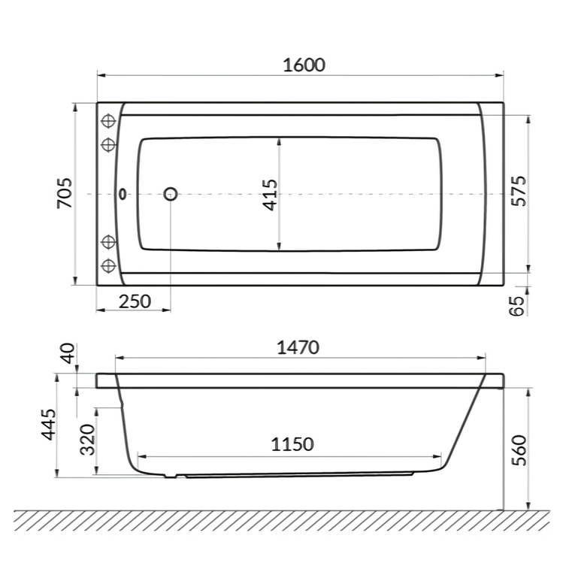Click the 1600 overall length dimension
tap(304, 65)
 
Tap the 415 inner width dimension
tap(271, 194)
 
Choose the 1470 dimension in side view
tap(298, 347)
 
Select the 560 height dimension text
tap(518, 449)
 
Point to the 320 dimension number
tap(87, 440)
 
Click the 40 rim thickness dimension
tap(68, 353)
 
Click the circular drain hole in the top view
tap(171, 194)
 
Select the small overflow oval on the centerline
tap(122, 194)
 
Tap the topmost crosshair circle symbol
tap(109, 120)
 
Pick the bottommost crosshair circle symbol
tap(109, 265)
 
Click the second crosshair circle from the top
tap(109, 143)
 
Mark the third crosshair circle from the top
tap(109, 242)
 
